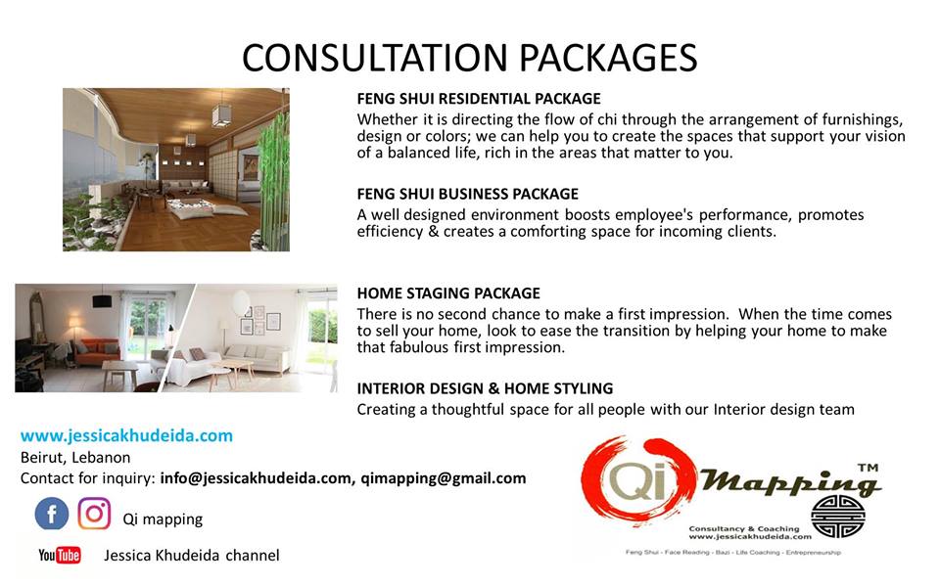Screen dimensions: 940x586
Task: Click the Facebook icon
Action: pos(52,515)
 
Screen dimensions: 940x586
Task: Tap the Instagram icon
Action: pos(94,514)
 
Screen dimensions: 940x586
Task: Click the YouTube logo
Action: pos(60,556)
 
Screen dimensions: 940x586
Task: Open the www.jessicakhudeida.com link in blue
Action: pos(126,435)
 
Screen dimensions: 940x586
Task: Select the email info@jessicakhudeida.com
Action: pos(256,478)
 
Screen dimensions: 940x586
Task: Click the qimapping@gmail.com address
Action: pos(443,478)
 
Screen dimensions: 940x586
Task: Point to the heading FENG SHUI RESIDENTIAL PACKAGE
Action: pos(479,99)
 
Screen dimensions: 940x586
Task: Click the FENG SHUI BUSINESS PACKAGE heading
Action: pos(468,194)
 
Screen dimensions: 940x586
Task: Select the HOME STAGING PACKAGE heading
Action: pos(448,293)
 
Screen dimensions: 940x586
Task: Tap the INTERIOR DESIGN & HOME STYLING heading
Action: pos(485,388)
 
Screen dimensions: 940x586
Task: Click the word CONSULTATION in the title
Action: pos(375,58)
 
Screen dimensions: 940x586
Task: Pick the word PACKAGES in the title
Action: pos(607,58)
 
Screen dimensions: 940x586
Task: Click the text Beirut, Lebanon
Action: pos(75,458)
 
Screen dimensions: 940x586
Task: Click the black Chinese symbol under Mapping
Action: pos(838,516)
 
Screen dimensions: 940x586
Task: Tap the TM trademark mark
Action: pos(868,468)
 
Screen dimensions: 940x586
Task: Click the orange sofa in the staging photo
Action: pos(97,351)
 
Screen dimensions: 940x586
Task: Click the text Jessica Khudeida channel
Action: pos(192,556)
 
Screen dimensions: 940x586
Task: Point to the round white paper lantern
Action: pos(241,301)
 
